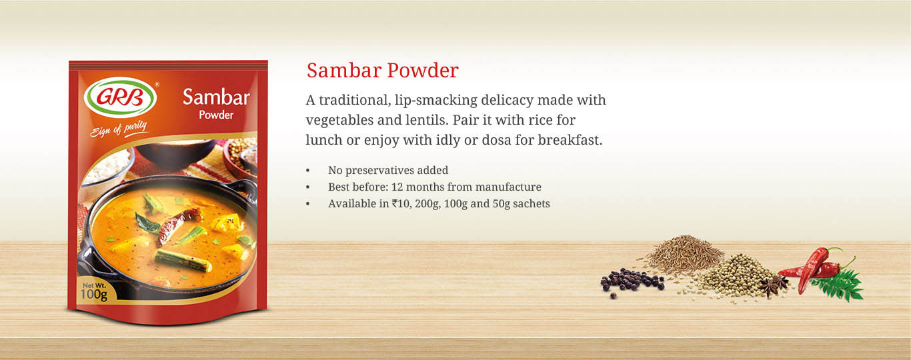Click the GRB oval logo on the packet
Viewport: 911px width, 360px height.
coord(121,97)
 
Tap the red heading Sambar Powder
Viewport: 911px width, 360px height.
coord(383,70)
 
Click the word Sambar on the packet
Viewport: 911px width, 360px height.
coord(216,97)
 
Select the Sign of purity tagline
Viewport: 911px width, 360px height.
coord(119,129)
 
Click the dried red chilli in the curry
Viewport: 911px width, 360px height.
coord(177,226)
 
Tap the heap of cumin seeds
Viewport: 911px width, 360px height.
coord(685,253)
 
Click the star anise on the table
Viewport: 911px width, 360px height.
coord(773,285)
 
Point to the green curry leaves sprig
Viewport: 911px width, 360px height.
coord(838,285)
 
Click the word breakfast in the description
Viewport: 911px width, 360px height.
coord(570,140)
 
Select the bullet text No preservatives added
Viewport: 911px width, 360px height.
coord(388,170)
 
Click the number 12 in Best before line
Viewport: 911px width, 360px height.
coord(397,187)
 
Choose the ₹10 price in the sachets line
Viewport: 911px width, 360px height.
coord(401,203)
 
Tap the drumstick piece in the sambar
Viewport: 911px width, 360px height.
coord(183,261)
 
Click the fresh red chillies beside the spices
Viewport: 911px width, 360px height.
coord(814,268)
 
